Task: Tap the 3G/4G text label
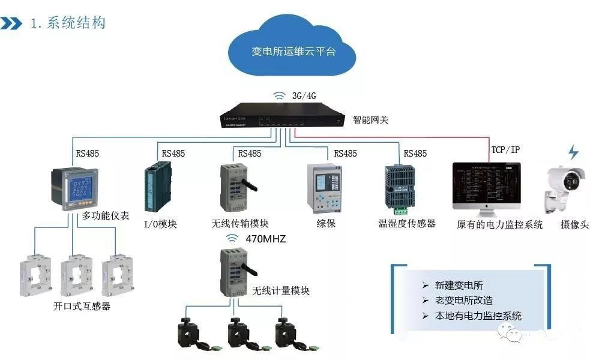(305, 96)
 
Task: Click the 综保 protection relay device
(325, 188)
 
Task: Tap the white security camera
(564, 186)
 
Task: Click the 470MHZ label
(265, 239)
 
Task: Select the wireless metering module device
(235, 272)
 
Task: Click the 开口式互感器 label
(82, 307)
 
